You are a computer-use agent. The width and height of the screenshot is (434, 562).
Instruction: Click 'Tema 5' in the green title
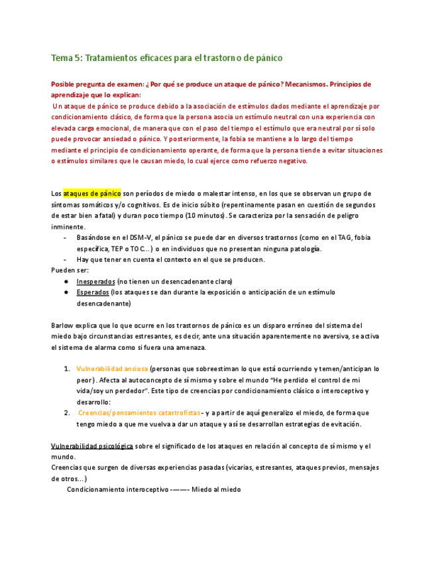pos(66,58)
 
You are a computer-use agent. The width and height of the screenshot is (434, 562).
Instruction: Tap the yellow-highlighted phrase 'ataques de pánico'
pos(92,194)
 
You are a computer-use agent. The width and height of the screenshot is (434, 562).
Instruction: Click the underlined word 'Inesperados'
pos(95,281)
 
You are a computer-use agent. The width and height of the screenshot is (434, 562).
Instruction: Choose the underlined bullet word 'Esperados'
pos(92,292)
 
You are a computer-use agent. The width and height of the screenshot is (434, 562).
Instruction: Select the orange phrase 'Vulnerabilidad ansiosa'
pos(112,368)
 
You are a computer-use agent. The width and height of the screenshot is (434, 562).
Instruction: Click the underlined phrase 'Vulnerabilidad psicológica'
pos(92,446)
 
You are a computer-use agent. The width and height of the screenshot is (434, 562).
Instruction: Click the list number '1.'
pos(67,368)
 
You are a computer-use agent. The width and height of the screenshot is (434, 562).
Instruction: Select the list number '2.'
pos(67,412)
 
